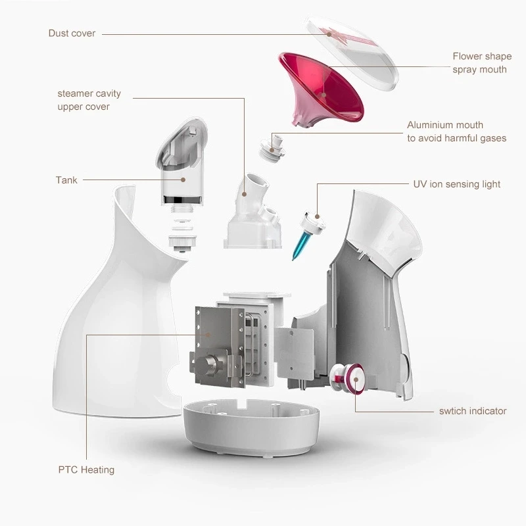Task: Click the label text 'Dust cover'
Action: [72, 34]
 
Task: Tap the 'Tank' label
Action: [66, 180]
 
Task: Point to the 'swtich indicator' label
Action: [473, 411]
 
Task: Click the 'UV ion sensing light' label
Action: [456, 184]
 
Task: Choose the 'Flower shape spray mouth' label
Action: [482, 63]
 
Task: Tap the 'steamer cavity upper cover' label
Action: [89, 100]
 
